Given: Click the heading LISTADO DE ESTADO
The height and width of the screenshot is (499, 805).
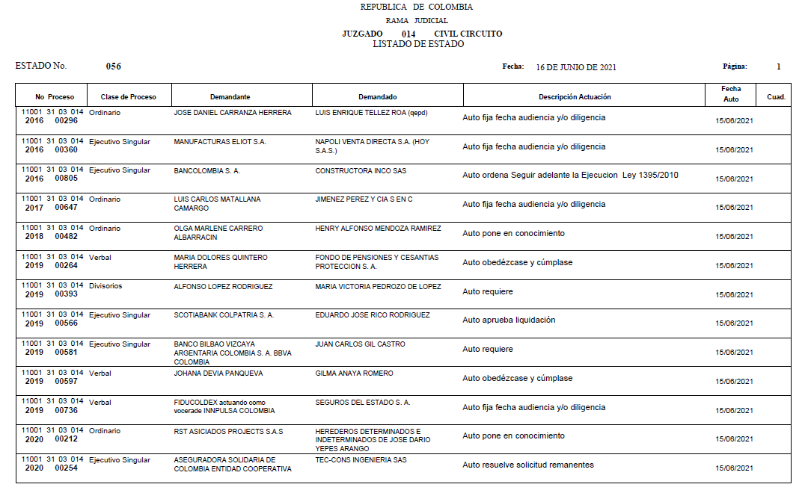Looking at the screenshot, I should tap(417, 44).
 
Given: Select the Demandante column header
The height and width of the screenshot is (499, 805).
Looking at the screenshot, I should tap(230, 97).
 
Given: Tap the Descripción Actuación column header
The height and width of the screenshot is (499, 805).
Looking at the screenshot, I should tap(575, 97).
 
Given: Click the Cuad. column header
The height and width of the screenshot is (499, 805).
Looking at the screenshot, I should tap(776, 97).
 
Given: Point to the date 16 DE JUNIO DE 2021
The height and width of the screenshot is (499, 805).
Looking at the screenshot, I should tap(576, 67).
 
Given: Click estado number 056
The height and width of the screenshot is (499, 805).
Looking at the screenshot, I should tap(114, 66).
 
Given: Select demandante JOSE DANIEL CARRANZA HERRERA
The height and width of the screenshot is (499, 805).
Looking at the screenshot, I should tap(233, 113).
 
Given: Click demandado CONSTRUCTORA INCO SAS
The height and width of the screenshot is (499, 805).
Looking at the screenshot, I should tap(361, 171).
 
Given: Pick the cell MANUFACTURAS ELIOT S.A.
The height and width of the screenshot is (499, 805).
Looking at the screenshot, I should tap(220, 142).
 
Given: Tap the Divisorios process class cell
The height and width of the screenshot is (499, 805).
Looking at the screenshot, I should tap(105, 286).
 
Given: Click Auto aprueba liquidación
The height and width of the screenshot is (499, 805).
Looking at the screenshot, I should tap(509, 320).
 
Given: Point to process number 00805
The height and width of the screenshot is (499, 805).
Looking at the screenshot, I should tap(67, 179).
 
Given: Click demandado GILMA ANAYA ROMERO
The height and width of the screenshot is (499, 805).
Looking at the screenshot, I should tap(354, 374).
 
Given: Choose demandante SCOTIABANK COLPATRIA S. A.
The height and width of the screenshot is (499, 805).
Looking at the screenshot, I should tap(224, 315).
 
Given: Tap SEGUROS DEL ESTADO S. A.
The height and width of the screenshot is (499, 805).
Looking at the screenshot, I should tap(363, 403).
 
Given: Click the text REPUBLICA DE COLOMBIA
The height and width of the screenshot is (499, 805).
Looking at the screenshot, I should tap(416, 7).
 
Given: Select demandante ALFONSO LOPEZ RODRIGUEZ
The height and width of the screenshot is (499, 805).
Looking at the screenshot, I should tap(223, 287).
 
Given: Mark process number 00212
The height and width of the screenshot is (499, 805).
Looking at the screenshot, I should tap(67, 439).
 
